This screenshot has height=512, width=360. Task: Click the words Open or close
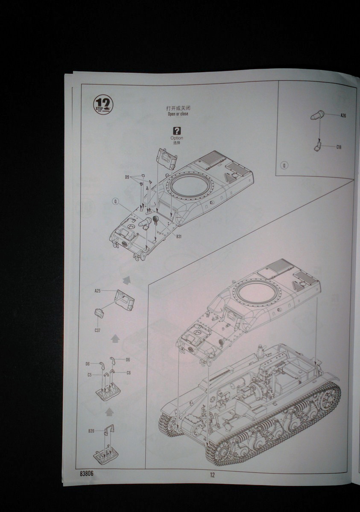point(178,114)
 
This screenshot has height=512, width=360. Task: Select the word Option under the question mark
point(177,138)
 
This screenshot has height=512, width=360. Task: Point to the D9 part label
point(127,177)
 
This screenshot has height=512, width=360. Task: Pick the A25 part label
point(97,291)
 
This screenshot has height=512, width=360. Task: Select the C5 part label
point(90,375)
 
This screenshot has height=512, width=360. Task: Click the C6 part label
point(129,373)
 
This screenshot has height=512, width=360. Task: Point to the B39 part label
point(91,431)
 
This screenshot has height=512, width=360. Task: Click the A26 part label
point(343,116)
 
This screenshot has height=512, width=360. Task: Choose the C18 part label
point(339,147)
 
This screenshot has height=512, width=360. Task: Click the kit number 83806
point(86,473)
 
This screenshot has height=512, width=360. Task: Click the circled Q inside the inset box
point(285,165)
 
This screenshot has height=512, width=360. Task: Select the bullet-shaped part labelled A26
point(318,114)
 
